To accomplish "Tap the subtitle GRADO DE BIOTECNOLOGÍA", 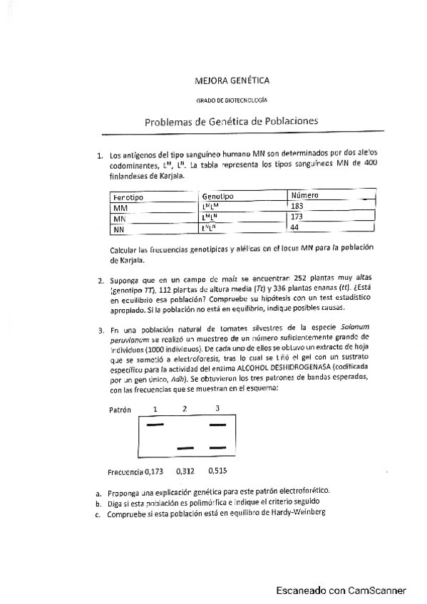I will pyautogui.click(x=232, y=102).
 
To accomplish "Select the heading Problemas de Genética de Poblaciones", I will pyautogui.click(x=232, y=122).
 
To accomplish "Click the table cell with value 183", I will pyautogui.click(x=297, y=206).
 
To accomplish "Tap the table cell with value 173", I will pyautogui.click(x=297, y=217).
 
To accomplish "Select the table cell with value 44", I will pyautogui.click(x=295, y=227).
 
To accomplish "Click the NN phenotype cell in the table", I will pyautogui.click(x=119, y=230).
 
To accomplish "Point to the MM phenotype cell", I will pyautogui.click(x=120, y=208).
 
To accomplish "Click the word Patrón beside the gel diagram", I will pyautogui.click(x=120, y=410).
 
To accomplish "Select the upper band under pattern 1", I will pyautogui.click(x=155, y=425).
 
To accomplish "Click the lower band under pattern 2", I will pyautogui.click(x=185, y=447).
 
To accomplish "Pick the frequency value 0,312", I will pyautogui.click(x=185, y=471).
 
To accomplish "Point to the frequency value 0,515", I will pyautogui.click(x=219, y=471).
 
